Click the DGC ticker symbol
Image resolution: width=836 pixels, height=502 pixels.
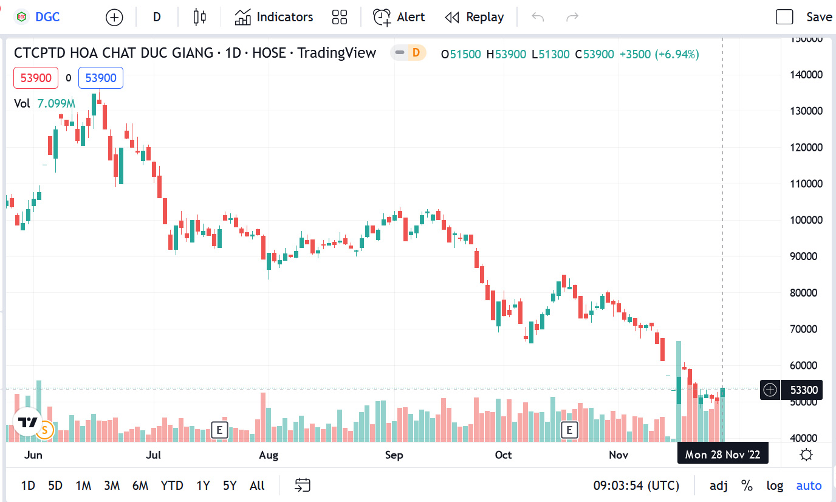tap(47, 17)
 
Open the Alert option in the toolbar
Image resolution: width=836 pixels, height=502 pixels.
tap(399, 17)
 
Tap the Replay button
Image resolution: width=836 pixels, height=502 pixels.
tap(475, 17)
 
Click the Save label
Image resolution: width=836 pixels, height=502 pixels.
tap(819, 17)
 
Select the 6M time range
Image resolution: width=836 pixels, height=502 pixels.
tap(140, 486)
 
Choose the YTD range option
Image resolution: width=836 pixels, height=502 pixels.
tap(172, 486)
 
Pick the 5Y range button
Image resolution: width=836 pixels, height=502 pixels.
tap(230, 486)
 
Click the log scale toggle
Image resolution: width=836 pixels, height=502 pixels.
tap(775, 486)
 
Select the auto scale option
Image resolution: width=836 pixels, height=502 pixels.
tap(809, 486)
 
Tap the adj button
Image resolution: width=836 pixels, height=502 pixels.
tap(719, 486)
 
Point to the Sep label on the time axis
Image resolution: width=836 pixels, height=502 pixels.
tap(394, 455)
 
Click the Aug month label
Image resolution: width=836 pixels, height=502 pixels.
tap(269, 455)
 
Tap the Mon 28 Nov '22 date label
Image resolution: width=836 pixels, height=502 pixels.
tap(722, 454)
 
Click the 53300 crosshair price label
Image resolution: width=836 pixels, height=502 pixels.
tap(803, 390)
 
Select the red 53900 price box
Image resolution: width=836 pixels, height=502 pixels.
tap(36, 78)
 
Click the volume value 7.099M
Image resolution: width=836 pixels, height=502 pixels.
tap(56, 103)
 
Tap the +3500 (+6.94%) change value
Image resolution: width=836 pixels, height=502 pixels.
tap(659, 54)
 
